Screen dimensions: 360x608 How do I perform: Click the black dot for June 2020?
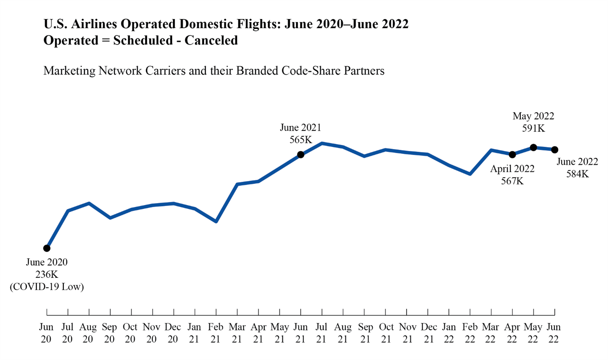pos(47,248)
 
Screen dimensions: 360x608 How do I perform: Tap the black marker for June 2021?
pos(301,154)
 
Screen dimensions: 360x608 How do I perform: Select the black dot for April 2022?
pos(512,154)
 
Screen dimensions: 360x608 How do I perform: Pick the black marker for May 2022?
pos(533,147)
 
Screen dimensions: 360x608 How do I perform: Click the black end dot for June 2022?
pos(555,150)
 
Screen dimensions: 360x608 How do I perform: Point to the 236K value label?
pos(47,274)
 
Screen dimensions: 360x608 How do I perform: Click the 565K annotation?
pos(301,140)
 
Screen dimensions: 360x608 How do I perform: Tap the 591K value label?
pos(533,128)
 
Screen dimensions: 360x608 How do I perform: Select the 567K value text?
pos(512,181)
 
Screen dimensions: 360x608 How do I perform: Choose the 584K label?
pos(577,174)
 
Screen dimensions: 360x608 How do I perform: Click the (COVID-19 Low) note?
pos(47,287)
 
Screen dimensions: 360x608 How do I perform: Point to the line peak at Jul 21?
pos(322,143)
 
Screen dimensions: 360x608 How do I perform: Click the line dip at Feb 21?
pos(216,221)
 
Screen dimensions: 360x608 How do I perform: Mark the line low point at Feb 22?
pos(470,174)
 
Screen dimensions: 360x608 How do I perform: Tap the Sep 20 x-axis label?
pos(110,333)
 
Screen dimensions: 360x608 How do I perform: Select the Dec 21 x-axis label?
pos(429,333)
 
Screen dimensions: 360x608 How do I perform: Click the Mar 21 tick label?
pos(237,333)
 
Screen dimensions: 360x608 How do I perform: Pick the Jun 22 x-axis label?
pos(554,333)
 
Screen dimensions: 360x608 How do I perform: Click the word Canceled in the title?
pos(211,40)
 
